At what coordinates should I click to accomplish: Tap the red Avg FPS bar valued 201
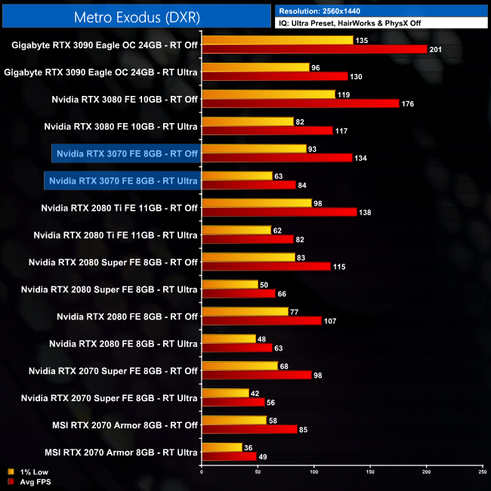click(x=314, y=50)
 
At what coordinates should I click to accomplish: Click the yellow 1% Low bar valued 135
click(x=277, y=40)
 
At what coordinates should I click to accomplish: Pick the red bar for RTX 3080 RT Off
click(x=300, y=103)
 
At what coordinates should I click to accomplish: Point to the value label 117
click(x=342, y=131)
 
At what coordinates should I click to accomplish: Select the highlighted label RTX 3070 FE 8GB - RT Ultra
click(x=123, y=181)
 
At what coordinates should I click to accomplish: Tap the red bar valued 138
click(x=279, y=212)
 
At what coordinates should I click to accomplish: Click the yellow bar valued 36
click(x=221, y=447)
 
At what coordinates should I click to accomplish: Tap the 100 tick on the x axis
click(x=313, y=472)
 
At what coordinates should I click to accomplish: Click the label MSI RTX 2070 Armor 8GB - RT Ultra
click(x=121, y=452)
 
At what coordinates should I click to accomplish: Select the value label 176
click(x=408, y=103)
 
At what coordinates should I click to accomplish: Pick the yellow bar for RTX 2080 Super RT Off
click(x=248, y=257)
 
